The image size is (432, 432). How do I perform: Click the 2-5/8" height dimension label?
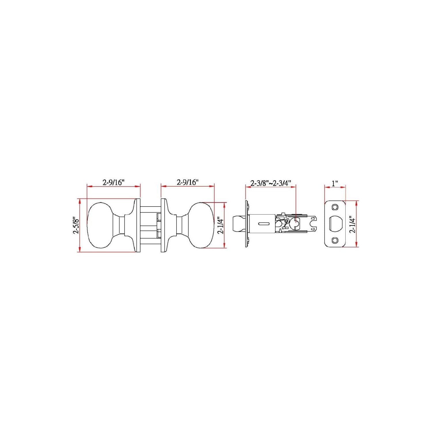(76, 226)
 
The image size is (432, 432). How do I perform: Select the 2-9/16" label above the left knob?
(113, 182)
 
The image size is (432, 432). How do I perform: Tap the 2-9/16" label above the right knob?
(187, 182)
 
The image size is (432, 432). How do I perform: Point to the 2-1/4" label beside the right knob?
(221, 226)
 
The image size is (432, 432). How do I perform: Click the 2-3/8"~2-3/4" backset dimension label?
(271, 183)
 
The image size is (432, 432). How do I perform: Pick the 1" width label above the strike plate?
(335, 183)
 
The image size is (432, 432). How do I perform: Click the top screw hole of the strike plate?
(335, 207)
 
